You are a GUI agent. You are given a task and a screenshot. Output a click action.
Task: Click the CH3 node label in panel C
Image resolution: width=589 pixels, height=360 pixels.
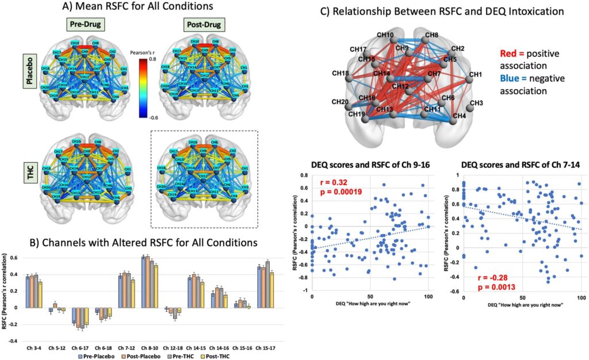click(x=475, y=103)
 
